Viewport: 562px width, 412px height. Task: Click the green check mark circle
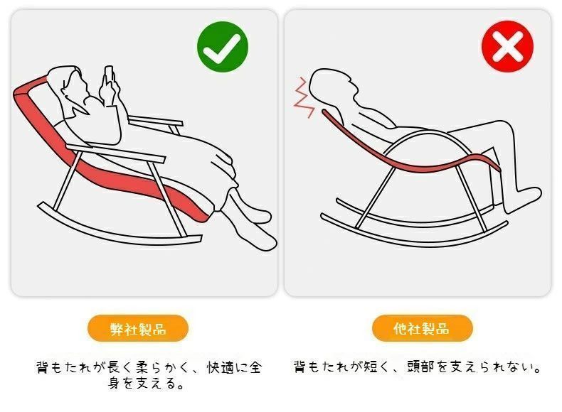point(223,46)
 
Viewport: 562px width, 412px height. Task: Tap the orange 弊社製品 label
point(137,329)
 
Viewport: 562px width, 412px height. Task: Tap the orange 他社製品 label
point(422,329)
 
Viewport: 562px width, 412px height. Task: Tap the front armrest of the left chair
point(114,153)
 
